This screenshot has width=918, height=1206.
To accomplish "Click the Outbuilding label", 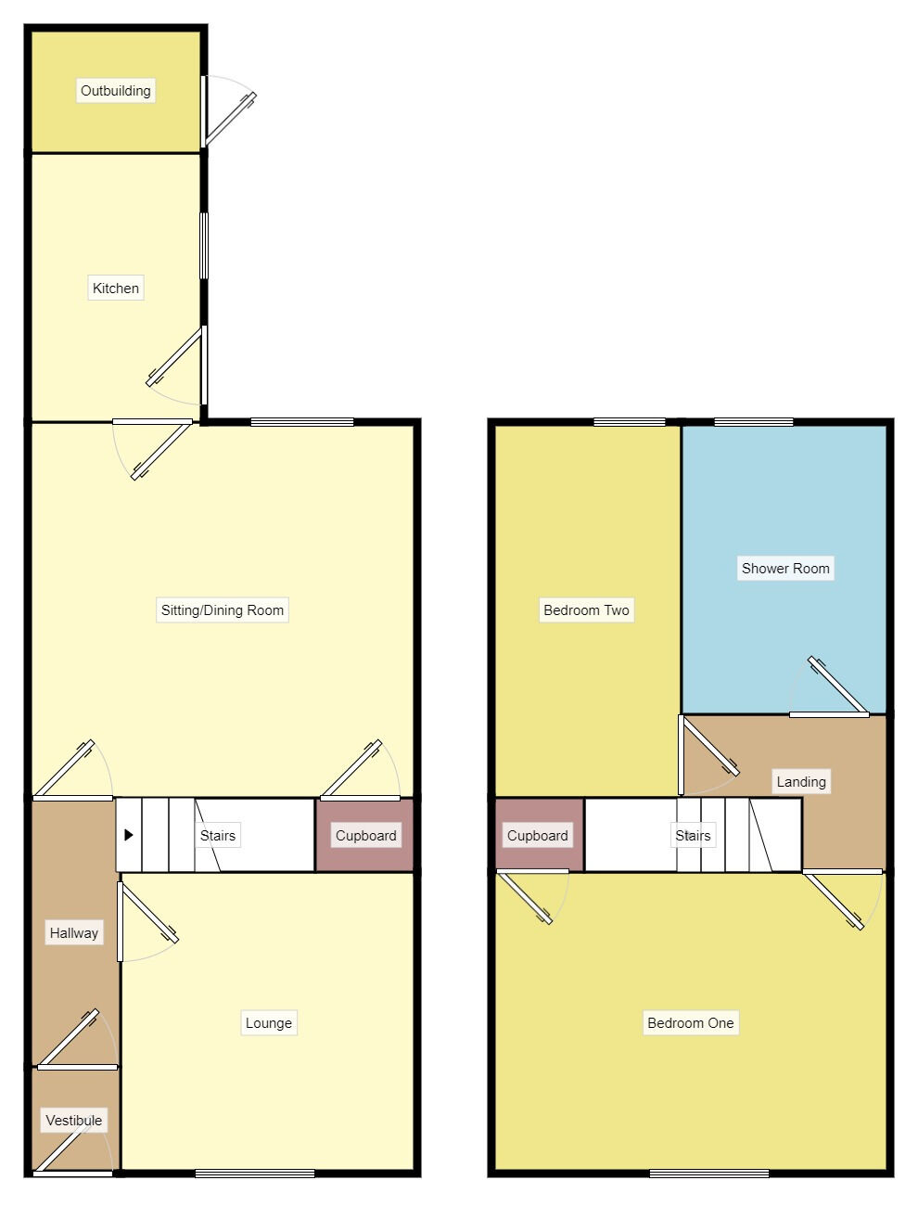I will [115, 90].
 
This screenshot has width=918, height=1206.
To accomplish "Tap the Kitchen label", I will [116, 288].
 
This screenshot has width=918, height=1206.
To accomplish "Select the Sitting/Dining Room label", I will [223, 609].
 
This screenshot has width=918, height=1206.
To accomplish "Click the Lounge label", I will [268, 1023].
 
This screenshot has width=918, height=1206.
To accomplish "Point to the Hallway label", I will [73, 933].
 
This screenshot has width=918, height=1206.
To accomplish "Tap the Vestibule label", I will [73, 1120].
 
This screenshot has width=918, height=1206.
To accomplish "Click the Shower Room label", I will [785, 568].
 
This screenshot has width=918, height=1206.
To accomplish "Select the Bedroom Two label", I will [586, 609].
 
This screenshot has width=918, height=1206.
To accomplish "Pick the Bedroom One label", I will [690, 1023].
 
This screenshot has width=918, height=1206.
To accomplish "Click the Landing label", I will [800, 781].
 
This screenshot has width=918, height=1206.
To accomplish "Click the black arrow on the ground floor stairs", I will [129, 835].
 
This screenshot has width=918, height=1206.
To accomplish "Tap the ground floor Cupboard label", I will [365, 835].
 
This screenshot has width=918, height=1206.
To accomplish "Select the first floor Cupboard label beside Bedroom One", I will [537, 835].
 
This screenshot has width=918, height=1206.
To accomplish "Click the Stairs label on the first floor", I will [693, 835].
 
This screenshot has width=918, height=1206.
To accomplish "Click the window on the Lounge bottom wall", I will [254, 1174].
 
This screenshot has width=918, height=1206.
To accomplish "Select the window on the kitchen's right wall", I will [204, 246].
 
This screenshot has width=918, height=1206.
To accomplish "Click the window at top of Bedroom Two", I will [630, 422].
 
